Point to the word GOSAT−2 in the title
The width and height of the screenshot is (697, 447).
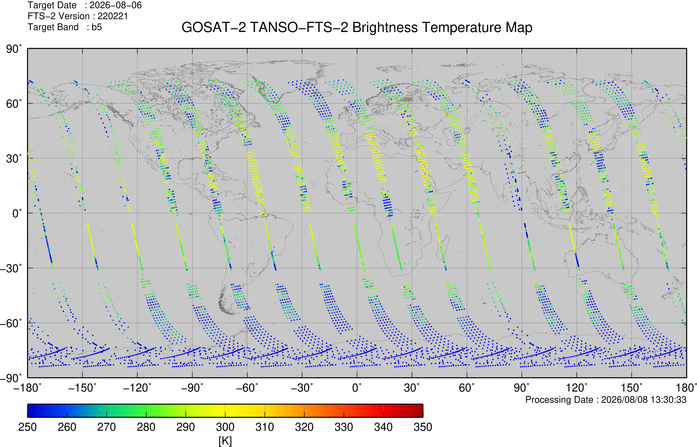tap(214, 28)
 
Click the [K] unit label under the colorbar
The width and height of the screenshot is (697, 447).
tap(225, 441)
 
